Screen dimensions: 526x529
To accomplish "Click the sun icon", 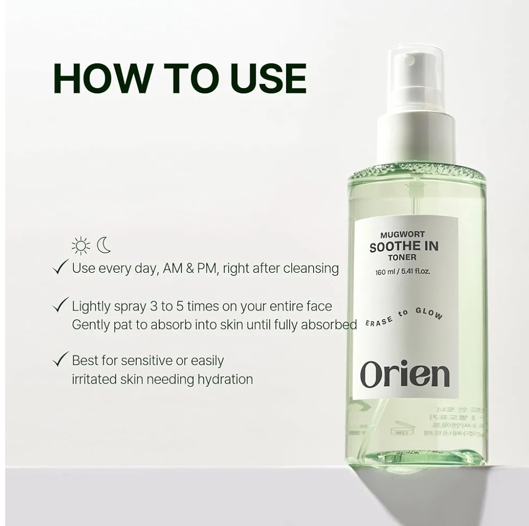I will point(81,246).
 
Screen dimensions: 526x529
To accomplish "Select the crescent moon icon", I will point(105,245).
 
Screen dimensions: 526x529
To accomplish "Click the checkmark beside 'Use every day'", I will point(61,267).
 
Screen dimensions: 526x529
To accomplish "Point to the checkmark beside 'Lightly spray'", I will point(61,305).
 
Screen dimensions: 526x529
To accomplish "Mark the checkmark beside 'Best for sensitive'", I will point(61,359).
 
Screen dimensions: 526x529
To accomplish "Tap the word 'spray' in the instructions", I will point(128,306).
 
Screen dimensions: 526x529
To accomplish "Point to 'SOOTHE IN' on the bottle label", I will point(404,246).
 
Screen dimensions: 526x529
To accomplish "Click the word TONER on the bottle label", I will point(403,257).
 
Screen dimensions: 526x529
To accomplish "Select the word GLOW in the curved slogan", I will point(429,314).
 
